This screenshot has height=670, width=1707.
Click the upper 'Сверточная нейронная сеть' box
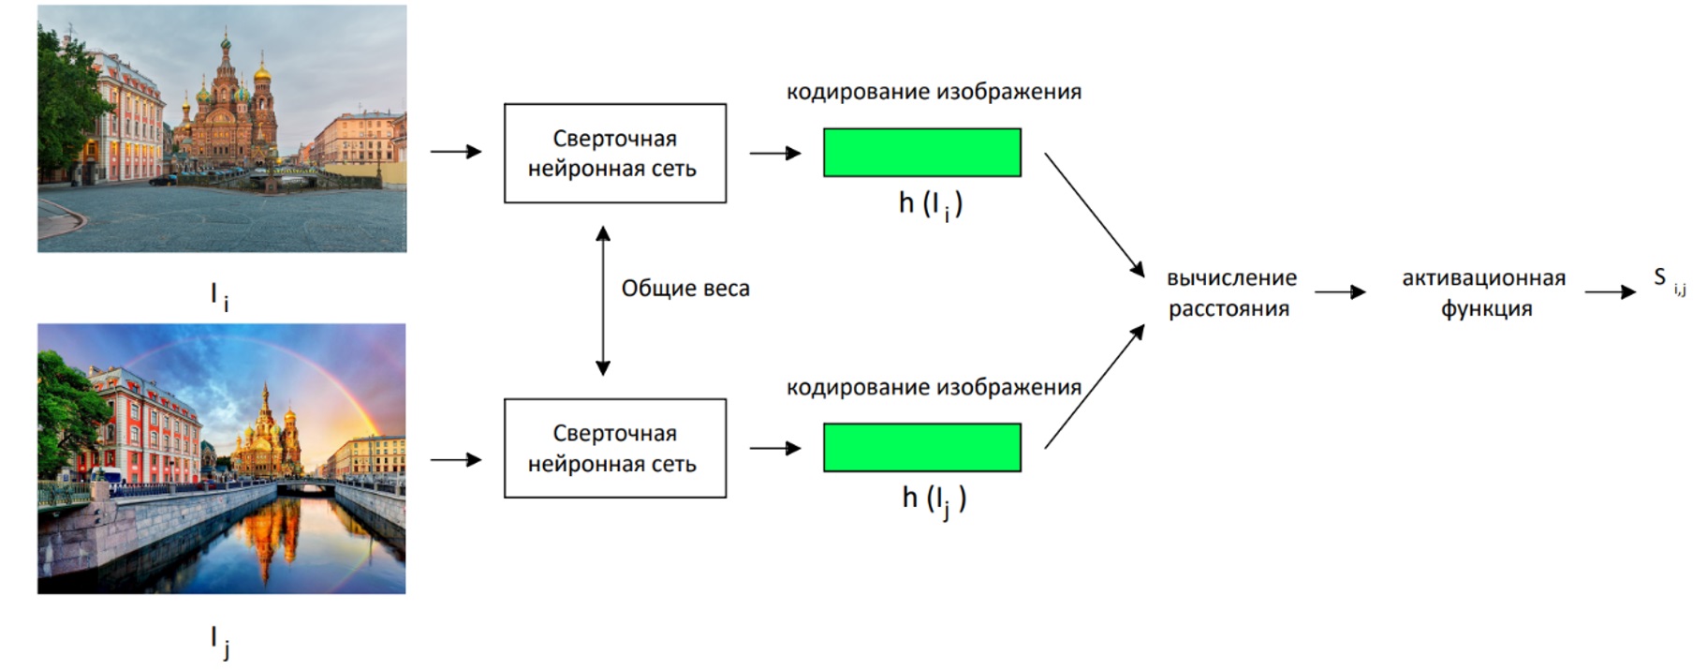pyautogui.click(x=614, y=153)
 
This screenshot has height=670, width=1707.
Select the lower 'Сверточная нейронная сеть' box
pyautogui.click(x=614, y=448)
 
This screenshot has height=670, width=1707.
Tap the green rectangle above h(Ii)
pyautogui.click(x=921, y=153)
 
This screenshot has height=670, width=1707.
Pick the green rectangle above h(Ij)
pyautogui.click(x=921, y=448)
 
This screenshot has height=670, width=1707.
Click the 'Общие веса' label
pyautogui.click(x=685, y=289)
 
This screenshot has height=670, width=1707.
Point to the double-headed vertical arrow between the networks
pyautogui.click(x=603, y=300)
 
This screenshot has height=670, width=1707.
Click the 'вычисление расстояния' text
pyautogui.click(x=1230, y=292)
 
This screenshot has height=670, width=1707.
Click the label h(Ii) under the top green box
pyautogui.click(x=930, y=204)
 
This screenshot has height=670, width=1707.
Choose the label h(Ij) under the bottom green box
pyautogui.click(x=934, y=499)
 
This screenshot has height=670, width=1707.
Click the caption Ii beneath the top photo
pyautogui.click(x=219, y=297)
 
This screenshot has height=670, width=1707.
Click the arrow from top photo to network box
pyautogui.click(x=455, y=151)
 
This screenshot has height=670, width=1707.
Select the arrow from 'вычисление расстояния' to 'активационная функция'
pyautogui.click(x=1339, y=292)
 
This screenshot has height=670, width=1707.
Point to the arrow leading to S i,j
pyautogui.click(x=1609, y=292)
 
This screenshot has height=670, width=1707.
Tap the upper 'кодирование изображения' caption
pyautogui.click(x=933, y=92)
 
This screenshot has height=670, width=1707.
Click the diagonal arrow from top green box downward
pyautogui.click(x=1094, y=215)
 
